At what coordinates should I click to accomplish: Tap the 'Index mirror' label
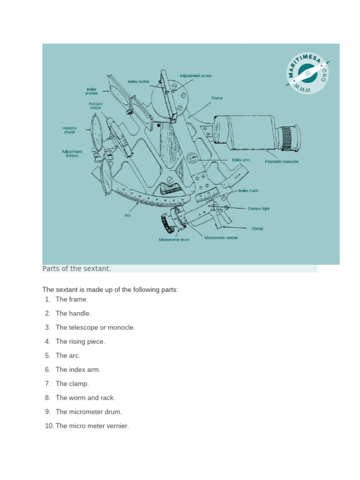[138, 81]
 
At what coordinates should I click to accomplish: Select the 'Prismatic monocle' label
[281, 162]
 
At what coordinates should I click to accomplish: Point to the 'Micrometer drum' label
[173, 240]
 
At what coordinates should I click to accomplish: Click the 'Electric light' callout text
[259, 209]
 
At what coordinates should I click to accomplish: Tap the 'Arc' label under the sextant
[127, 216]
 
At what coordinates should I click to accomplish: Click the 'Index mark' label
[248, 191]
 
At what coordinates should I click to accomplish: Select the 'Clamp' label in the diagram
[257, 228]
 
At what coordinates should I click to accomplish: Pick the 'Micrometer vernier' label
[221, 238]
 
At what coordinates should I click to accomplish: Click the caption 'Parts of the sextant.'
[76, 269]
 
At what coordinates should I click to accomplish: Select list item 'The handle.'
[73, 313]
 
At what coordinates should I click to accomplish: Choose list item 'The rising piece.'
[80, 341]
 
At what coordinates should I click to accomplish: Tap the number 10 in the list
[49, 426]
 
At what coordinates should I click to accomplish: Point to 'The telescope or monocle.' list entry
[95, 327]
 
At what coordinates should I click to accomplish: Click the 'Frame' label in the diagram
[217, 98]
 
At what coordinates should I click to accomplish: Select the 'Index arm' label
[241, 160]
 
